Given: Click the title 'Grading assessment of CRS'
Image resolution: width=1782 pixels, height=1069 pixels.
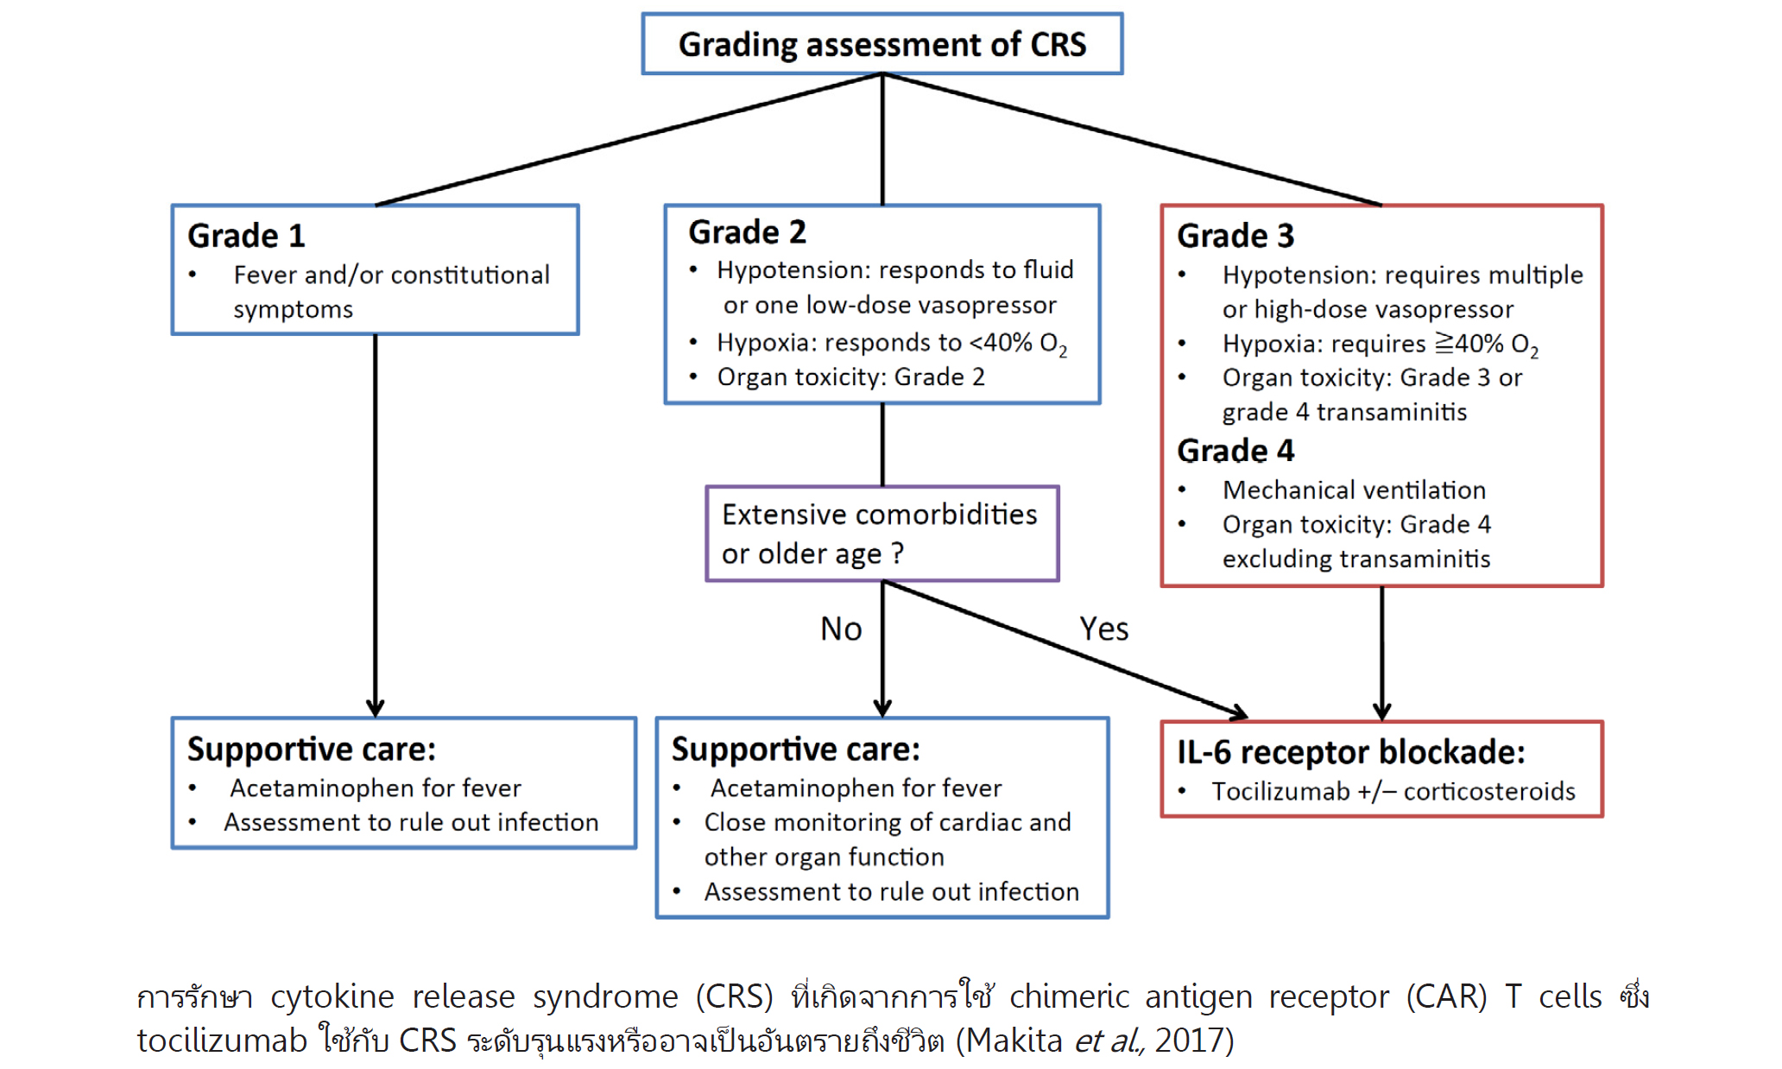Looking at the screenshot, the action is (x=882, y=44).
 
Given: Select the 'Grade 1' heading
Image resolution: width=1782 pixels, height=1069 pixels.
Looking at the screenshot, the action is (x=246, y=235).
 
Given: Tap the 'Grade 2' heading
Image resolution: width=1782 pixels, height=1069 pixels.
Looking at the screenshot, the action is (x=747, y=231).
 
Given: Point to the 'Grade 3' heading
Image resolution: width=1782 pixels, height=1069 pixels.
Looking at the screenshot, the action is (x=1235, y=235).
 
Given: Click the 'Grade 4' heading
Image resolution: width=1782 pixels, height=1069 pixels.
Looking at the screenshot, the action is (x=1235, y=450).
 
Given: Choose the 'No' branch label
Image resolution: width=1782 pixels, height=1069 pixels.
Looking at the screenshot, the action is (x=841, y=629).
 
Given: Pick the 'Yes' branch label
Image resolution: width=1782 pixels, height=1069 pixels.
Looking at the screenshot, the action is (x=1103, y=629).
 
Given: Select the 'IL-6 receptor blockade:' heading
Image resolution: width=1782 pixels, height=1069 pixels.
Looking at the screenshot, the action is (x=1350, y=752).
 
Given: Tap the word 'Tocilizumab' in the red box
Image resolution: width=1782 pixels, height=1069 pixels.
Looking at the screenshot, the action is (x=1280, y=791).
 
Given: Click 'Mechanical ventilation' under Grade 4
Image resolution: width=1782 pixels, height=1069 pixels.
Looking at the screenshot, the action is (x=1354, y=490).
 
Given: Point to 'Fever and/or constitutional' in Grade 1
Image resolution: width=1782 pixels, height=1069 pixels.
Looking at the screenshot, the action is (x=391, y=275).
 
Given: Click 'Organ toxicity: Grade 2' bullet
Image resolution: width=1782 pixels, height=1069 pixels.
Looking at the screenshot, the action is (x=850, y=376).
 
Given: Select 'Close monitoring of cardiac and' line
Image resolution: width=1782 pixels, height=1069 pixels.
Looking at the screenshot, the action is (x=887, y=822).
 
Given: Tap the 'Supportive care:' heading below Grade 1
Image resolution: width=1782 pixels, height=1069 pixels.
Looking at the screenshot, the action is (x=311, y=749).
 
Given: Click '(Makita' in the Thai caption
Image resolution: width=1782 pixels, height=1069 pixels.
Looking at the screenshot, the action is (x=1008, y=1041).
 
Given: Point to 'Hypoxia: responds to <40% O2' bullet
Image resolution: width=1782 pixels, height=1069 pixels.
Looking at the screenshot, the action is (x=892, y=344).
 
